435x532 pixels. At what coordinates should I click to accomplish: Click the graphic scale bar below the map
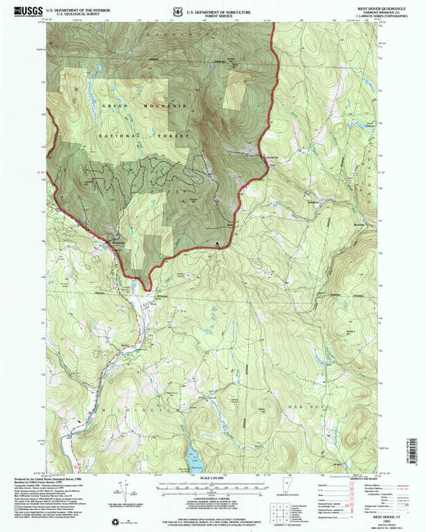coord(217,484)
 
